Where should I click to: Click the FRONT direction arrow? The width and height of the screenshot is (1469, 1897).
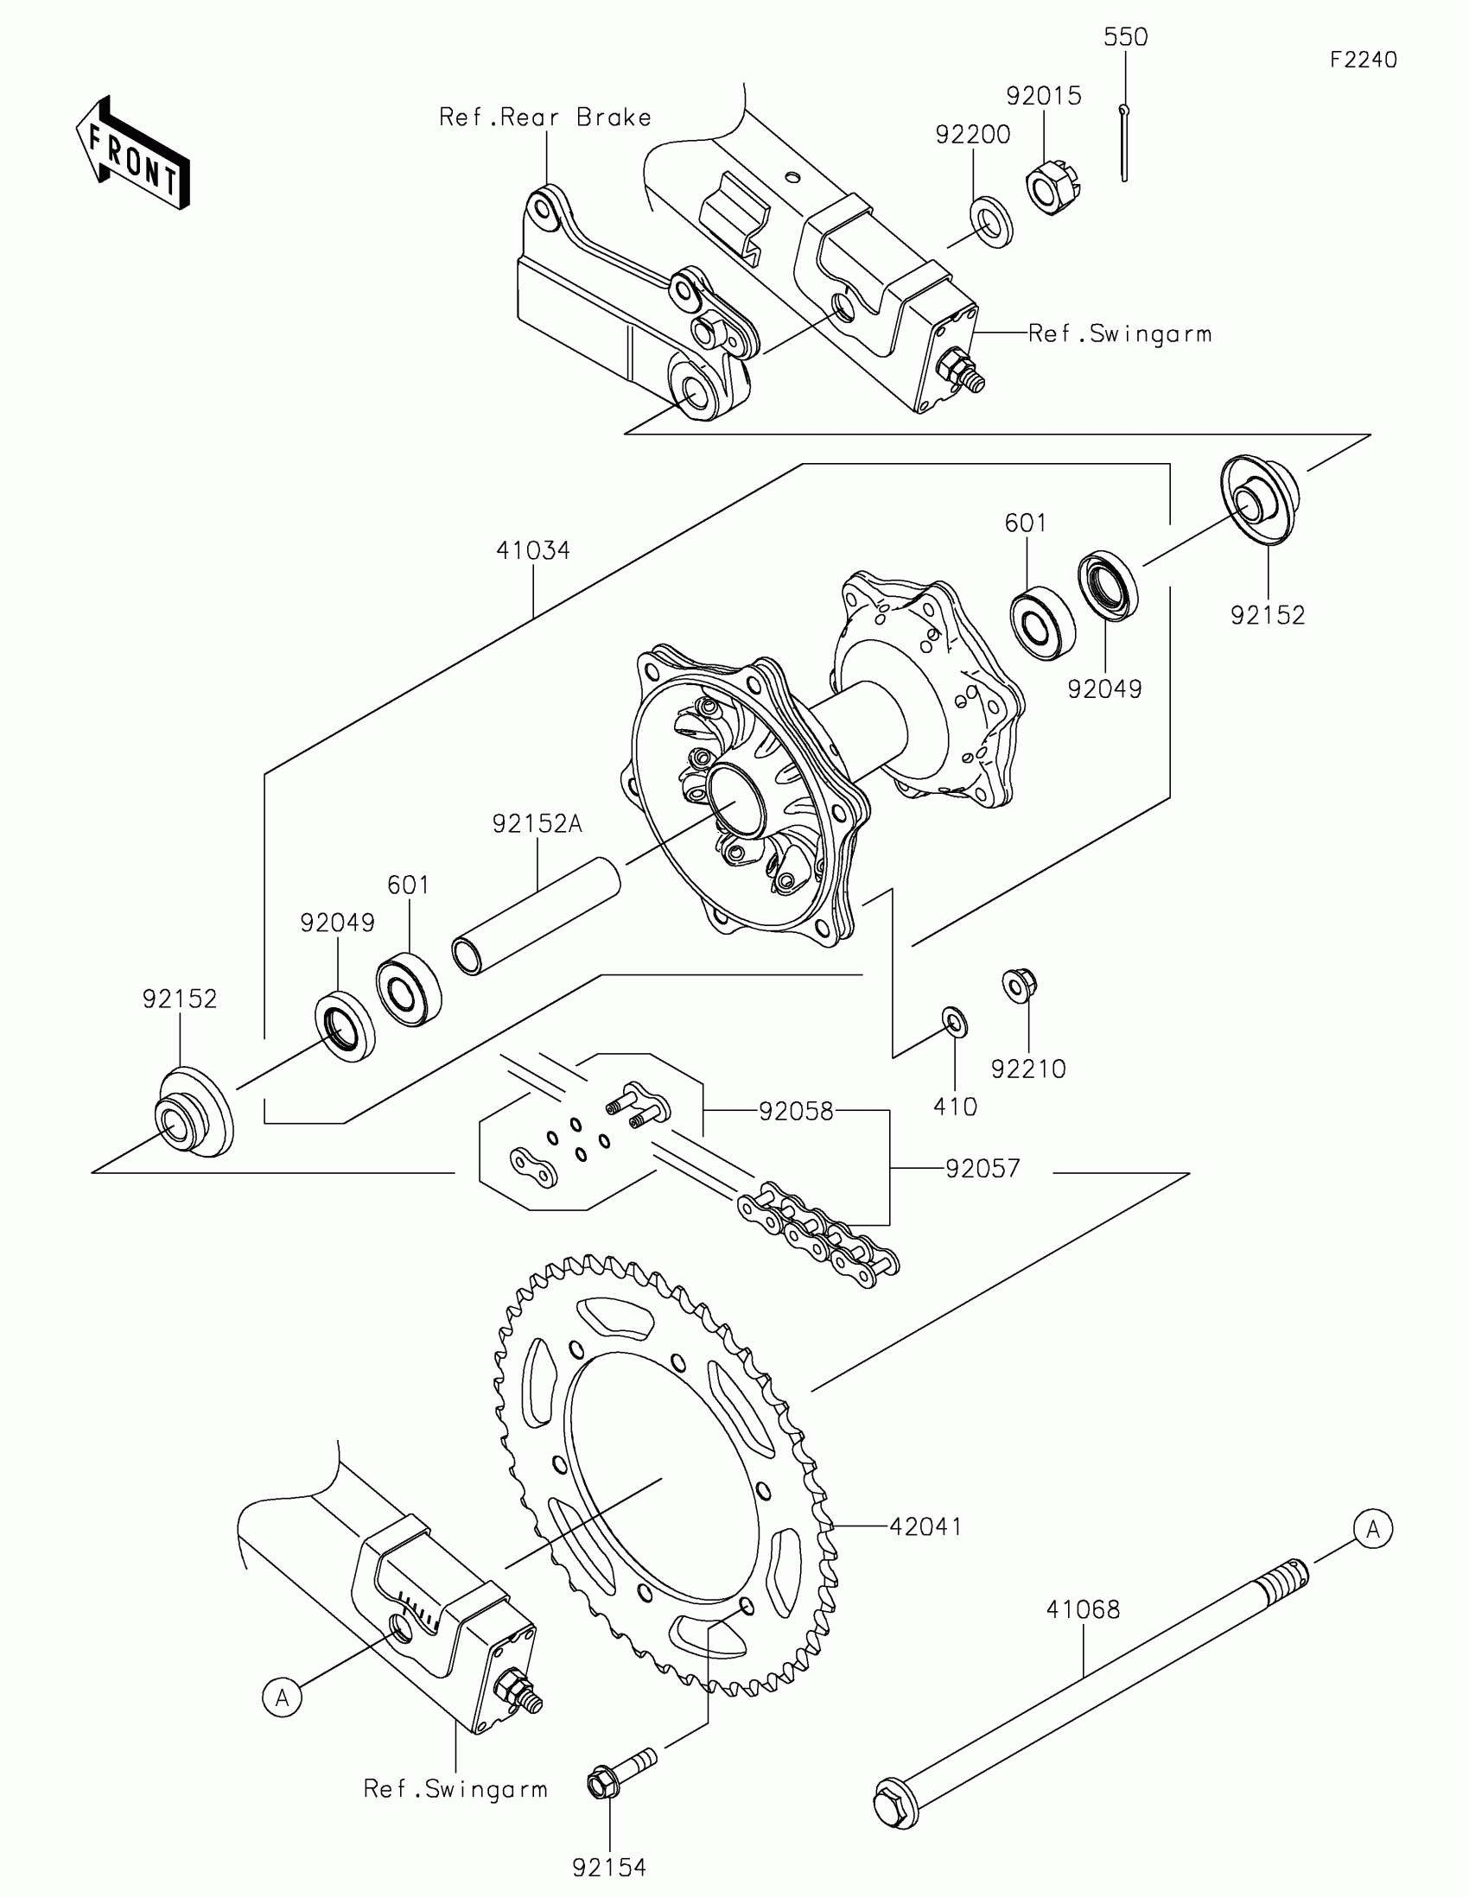(x=133, y=154)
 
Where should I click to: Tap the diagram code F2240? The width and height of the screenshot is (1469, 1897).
(x=1363, y=60)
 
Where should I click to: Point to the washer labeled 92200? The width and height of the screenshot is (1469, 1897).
(x=989, y=222)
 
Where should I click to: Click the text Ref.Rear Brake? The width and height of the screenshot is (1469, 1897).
(x=544, y=117)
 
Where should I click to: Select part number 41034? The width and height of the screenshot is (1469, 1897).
(x=532, y=550)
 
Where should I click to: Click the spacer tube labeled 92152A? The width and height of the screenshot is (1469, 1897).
(x=535, y=916)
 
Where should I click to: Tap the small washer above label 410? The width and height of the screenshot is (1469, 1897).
(x=955, y=1021)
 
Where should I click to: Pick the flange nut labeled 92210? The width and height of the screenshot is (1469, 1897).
(x=1020, y=984)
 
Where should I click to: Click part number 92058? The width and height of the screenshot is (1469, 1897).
(x=796, y=1112)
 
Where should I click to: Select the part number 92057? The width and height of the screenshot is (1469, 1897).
(x=982, y=1169)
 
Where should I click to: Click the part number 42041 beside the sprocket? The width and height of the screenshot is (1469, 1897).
(x=925, y=1527)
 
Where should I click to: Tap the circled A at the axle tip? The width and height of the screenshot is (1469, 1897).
(x=1372, y=1529)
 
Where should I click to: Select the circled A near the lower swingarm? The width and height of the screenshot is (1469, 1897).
(x=283, y=1697)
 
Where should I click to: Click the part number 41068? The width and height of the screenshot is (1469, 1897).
(x=1083, y=1609)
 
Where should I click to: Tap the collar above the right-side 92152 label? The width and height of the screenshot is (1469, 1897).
(x=1260, y=499)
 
